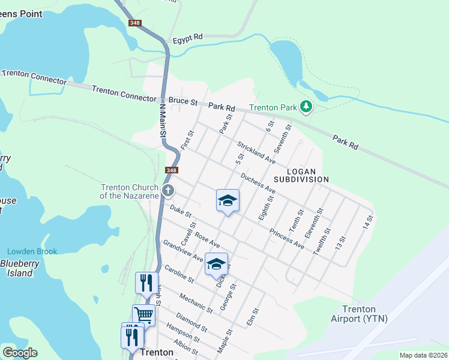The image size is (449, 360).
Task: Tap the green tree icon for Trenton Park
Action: click(x=307, y=107)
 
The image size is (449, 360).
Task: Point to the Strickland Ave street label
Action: click(x=256, y=153)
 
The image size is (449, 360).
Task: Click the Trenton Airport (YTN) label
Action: click(x=359, y=313)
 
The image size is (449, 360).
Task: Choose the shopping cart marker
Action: click(x=143, y=314)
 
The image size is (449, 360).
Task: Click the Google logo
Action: click(x=20, y=353)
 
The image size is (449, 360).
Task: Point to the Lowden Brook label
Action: click(x=32, y=251)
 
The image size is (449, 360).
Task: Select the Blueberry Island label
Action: click(x=16, y=268)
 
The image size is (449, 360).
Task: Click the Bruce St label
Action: click(x=183, y=102)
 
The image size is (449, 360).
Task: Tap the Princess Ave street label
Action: click(x=286, y=239)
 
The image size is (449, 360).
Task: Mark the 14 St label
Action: click(x=367, y=221)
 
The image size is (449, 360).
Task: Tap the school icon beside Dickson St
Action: click(x=216, y=263)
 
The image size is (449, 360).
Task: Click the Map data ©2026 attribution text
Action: click(x=423, y=355)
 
